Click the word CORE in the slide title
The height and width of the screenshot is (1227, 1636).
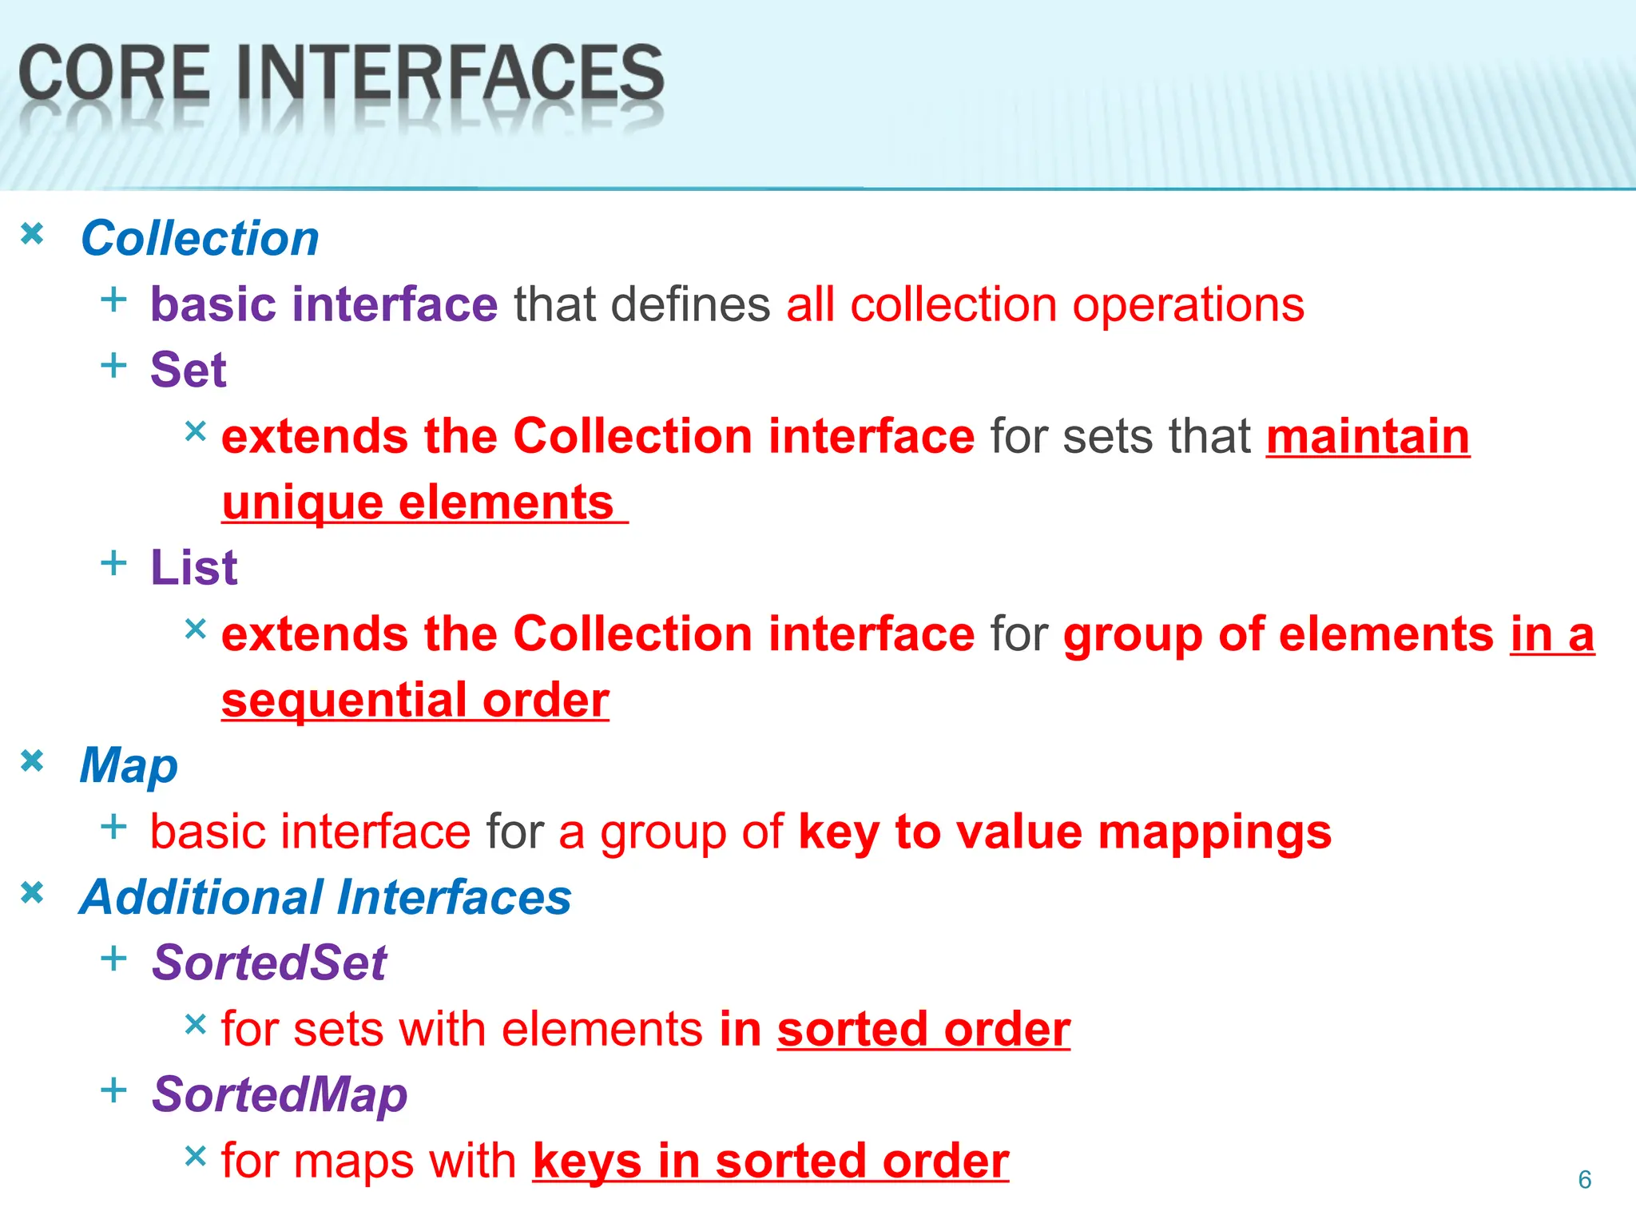pos(114,73)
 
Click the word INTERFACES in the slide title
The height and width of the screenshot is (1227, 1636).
pos(450,73)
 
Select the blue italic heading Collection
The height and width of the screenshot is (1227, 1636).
pos(200,239)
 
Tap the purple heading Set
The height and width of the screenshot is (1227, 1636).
pos(189,370)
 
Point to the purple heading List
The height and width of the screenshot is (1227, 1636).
pos(194,568)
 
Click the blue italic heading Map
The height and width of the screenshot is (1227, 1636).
pos(129,766)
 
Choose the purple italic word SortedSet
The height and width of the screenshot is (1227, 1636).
pos(269,963)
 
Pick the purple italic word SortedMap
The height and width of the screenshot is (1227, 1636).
pos(280,1094)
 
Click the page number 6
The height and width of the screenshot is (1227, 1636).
pos(1585,1180)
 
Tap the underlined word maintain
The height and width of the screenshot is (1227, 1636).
pos(1368,437)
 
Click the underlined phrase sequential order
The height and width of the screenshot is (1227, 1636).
pos(415,701)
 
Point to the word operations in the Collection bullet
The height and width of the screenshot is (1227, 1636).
pos(1188,305)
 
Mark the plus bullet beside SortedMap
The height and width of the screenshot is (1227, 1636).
pos(114,1090)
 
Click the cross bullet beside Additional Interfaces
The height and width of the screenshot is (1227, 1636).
pos(32,892)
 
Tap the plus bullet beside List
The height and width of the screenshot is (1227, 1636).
pos(114,563)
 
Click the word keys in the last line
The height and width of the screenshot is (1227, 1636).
pos(587,1161)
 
